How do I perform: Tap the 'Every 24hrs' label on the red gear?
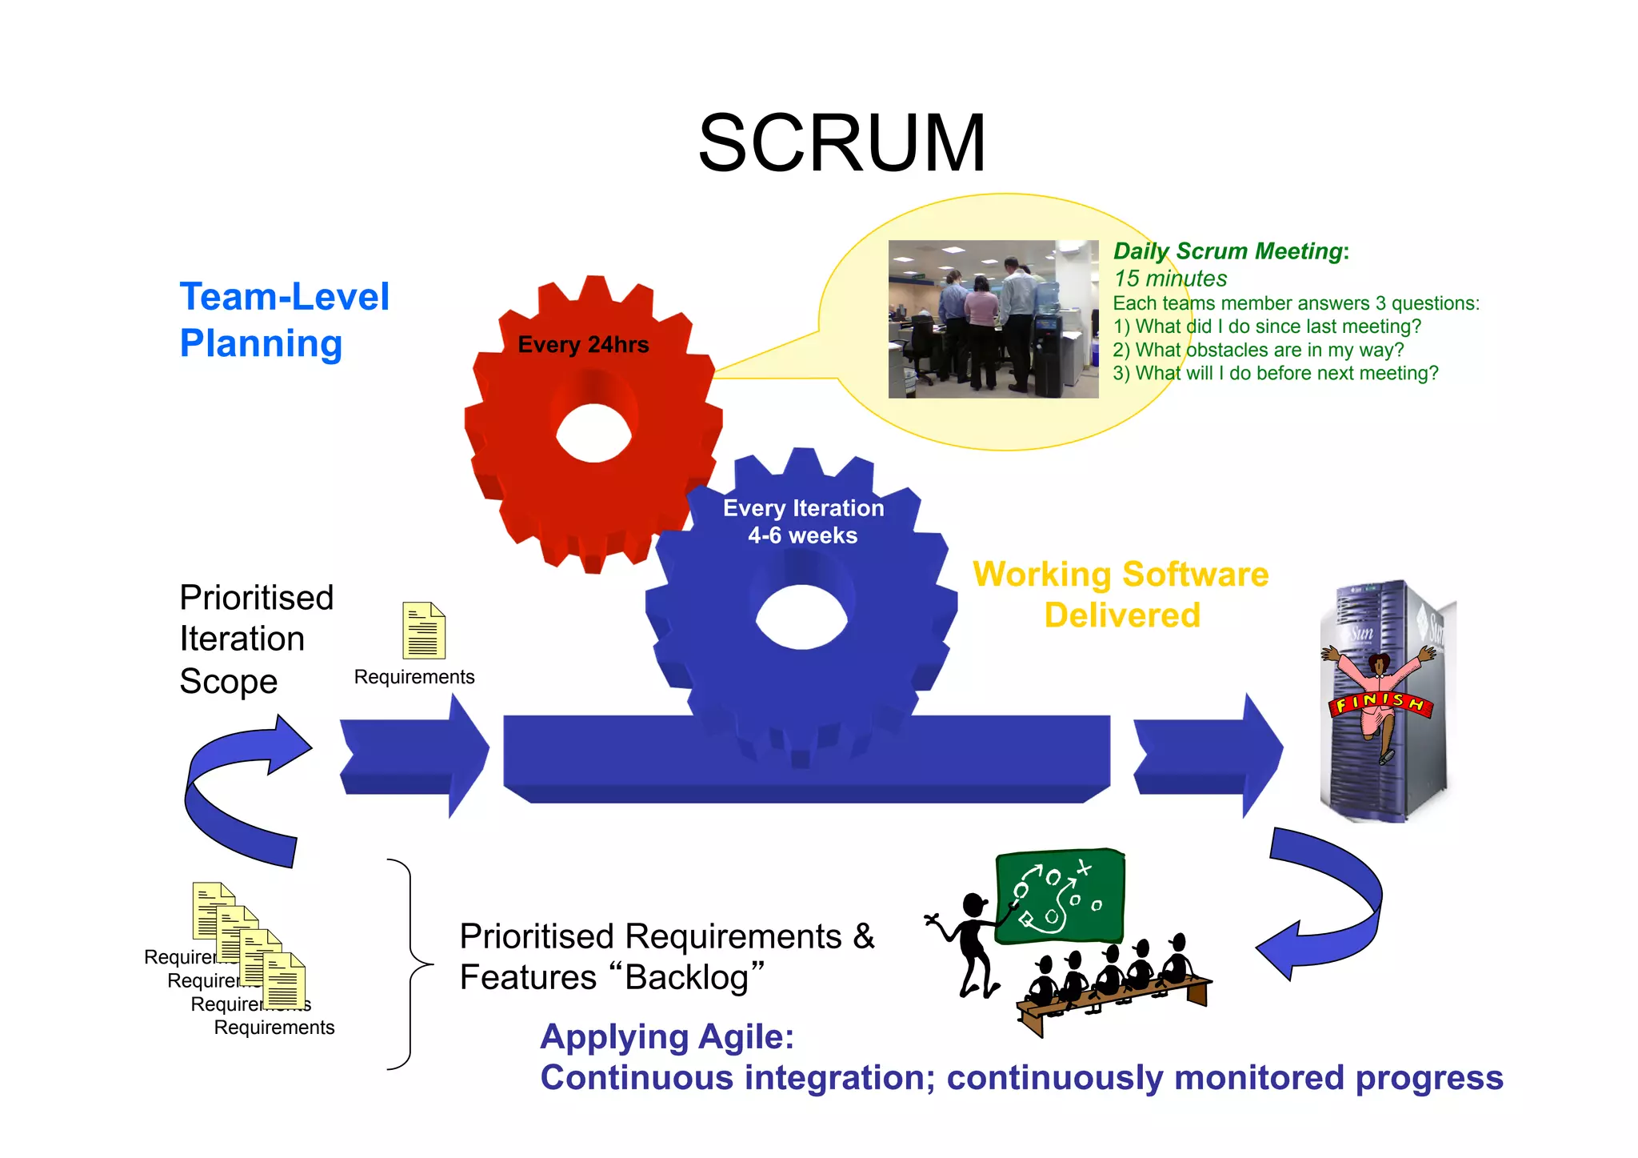pos(583,345)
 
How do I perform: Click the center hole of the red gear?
pos(594,433)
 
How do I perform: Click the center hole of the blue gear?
pos(801,617)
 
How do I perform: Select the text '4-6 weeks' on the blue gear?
pos(802,535)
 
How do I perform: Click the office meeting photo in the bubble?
pos(993,319)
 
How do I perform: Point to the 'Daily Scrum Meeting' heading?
pos(1228,251)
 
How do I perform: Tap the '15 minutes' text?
pos(1170,278)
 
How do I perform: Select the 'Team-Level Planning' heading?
pos(284,319)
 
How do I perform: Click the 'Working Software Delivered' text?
pos(1121,595)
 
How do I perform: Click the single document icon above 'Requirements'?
pos(423,631)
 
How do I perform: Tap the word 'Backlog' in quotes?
pos(687,977)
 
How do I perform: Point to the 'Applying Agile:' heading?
pos(667,1036)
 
